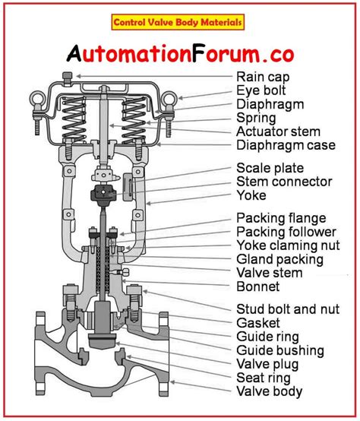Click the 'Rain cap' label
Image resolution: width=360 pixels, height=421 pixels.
(x=263, y=76)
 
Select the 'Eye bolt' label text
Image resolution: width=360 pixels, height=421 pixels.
(x=262, y=90)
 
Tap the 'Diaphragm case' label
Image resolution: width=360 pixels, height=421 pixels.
(x=286, y=145)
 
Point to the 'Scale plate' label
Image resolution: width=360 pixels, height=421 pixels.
(x=267, y=168)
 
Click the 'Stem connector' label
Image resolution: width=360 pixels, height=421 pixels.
(x=284, y=182)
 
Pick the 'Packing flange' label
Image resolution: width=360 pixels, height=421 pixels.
(x=281, y=219)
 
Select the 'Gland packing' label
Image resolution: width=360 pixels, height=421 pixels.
(x=279, y=260)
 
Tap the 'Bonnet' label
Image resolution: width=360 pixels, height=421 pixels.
(x=258, y=287)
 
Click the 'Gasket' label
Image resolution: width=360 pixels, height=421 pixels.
(x=257, y=323)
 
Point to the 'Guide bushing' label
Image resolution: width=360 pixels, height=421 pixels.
(x=280, y=350)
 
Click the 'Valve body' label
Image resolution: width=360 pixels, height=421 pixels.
(x=270, y=392)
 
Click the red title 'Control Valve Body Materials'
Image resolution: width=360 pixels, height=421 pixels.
(x=178, y=23)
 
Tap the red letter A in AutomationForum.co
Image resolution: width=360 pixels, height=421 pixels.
(x=74, y=52)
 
